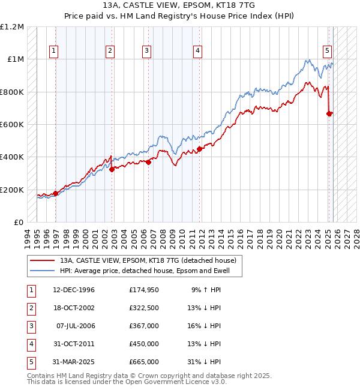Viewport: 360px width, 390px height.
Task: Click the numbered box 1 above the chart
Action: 54,51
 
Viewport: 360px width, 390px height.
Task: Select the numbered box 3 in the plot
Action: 146,51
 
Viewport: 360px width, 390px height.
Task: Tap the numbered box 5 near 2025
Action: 327,51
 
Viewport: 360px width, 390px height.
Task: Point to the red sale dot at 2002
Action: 112,170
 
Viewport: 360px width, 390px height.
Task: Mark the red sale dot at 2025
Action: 329,113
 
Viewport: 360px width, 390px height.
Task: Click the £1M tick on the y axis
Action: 16,59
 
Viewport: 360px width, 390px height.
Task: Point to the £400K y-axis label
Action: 13,157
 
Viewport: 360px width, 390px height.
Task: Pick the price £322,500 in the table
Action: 143,308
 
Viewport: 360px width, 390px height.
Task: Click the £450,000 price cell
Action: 143,344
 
